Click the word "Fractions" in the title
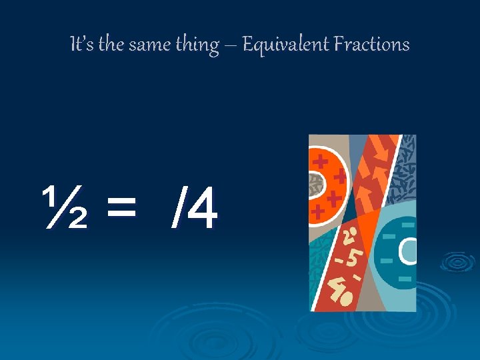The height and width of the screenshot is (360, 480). pyautogui.click(x=371, y=45)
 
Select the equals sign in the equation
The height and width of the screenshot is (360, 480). pyautogui.click(x=121, y=208)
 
